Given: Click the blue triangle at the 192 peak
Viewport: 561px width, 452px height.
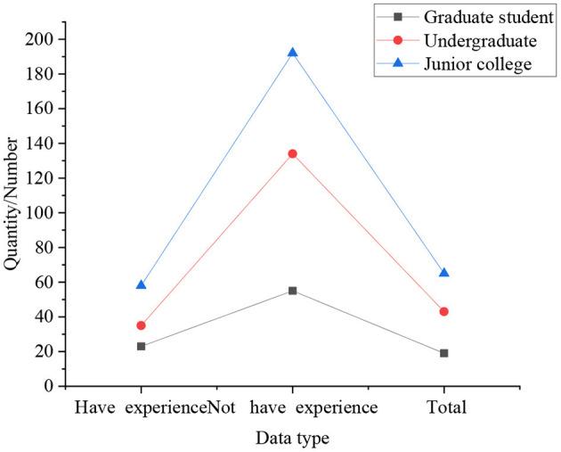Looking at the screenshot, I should click(292, 53).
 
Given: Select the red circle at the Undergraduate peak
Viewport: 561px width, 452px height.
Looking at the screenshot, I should click(292, 153).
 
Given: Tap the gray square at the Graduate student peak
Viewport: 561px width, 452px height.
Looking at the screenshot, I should click(292, 291).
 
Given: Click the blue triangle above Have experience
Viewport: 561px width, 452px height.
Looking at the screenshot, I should click(141, 285).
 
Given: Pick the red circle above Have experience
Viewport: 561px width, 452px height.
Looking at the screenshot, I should click(141, 325).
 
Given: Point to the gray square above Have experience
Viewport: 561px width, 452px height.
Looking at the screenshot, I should click(141, 346).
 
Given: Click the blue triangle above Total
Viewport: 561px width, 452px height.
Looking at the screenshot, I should click(443, 273).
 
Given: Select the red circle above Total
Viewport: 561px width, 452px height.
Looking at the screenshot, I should click(443, 311).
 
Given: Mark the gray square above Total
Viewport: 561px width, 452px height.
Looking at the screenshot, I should click(443, 353).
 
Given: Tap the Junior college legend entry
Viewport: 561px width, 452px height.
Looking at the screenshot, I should click(479, 63).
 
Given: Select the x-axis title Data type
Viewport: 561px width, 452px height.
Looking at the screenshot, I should click(292, 438).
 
